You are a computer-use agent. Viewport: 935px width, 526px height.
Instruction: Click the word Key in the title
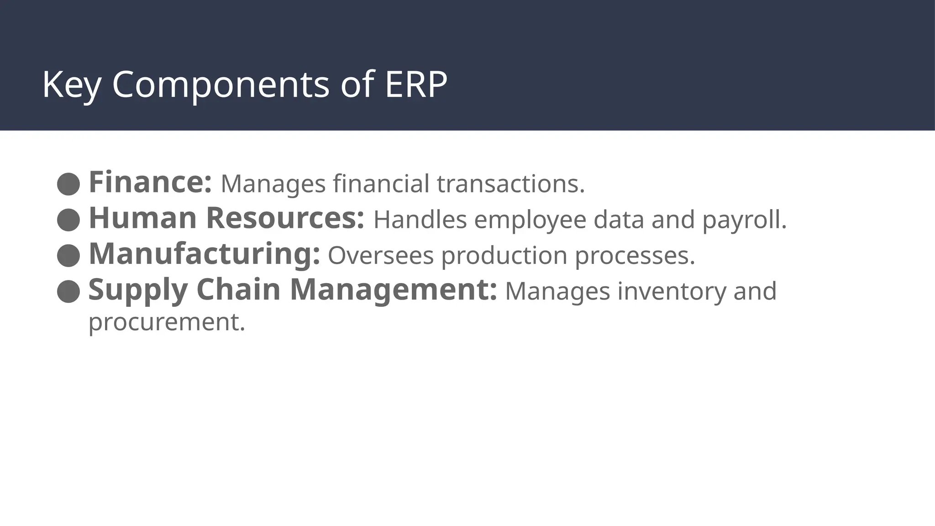click(71, 85)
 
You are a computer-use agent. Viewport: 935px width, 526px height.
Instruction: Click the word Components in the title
click(220, 85)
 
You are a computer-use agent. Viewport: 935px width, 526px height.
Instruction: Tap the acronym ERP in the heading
click(415, 85)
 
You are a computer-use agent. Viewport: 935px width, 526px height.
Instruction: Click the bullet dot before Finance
click(68, 184)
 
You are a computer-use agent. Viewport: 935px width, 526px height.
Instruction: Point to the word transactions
click(510, 184)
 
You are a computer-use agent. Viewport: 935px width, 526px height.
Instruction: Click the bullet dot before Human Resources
click(68, 220)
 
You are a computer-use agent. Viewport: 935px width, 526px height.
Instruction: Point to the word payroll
click(744, 220)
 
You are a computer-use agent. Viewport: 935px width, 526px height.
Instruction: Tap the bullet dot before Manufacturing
click(68, 256)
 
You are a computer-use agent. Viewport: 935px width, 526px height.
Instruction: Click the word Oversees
click(380, 255)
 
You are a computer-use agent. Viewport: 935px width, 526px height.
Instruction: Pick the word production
click(504, 255)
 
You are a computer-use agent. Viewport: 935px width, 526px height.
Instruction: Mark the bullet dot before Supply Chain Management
click(68, 291)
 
